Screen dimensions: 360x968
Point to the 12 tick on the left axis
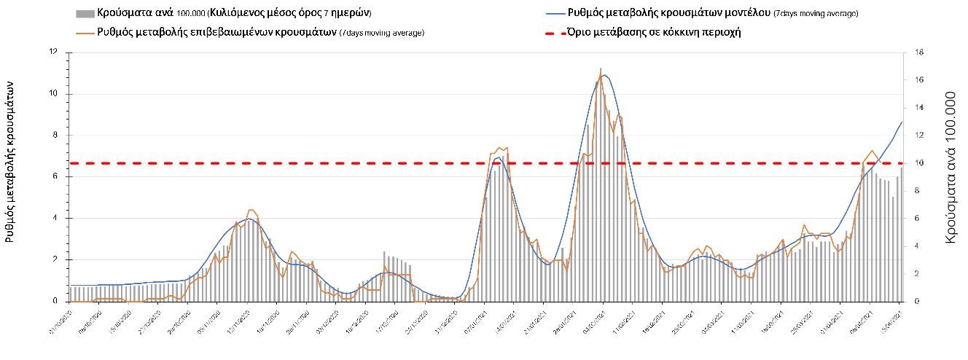coord(52,52)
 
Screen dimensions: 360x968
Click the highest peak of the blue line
coord(605,75)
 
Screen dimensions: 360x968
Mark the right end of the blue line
coord(902,122)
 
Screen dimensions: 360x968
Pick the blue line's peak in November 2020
coord(249,219)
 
